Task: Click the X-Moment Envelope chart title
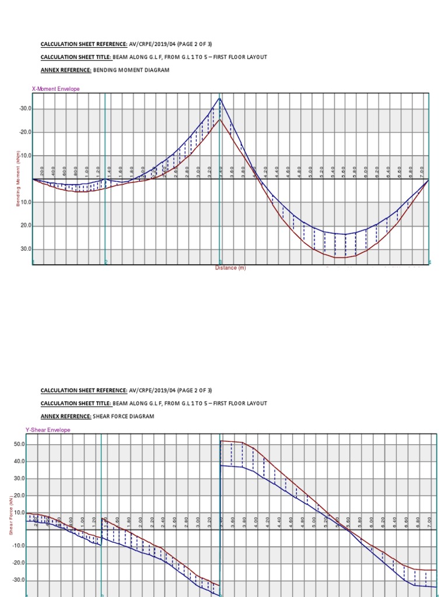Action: [56, 89]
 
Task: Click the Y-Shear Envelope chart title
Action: [48, 430]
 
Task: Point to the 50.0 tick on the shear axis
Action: [19, 444]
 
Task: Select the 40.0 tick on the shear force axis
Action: [19, 461]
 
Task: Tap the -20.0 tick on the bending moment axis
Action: [25, 132]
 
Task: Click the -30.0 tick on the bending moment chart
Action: [25, 109]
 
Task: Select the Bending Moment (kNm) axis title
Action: [18, 178]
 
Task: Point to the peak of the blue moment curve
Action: [220, 99]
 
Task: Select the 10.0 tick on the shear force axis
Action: [19, 512]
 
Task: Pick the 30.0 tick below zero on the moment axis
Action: [26, 249]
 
